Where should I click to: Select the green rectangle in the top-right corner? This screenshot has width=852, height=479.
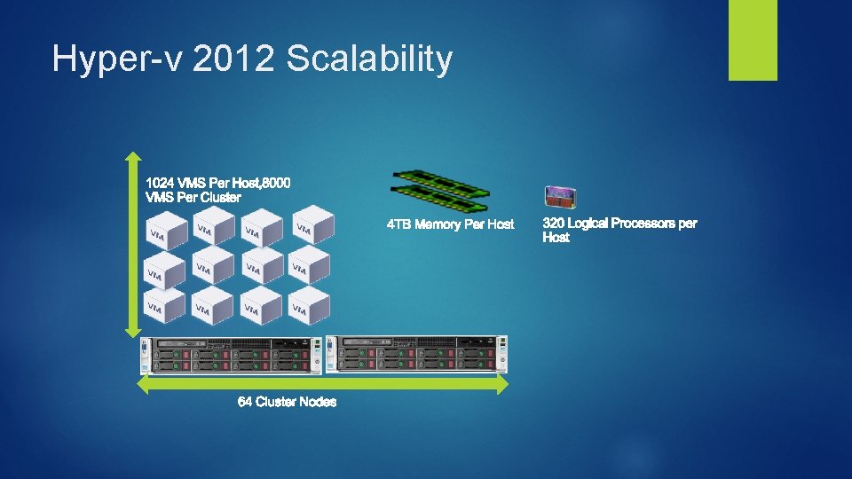click(x=753, y=40)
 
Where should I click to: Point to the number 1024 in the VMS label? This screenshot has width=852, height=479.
click(x=162, y=183)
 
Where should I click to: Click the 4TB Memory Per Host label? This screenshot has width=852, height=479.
click(x=450, y=224)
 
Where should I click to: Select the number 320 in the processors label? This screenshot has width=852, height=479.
click(x=554, y=224)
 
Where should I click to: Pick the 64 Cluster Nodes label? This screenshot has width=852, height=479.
click(x=287, y=402)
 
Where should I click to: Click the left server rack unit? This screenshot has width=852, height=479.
click(x=233, y=356)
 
